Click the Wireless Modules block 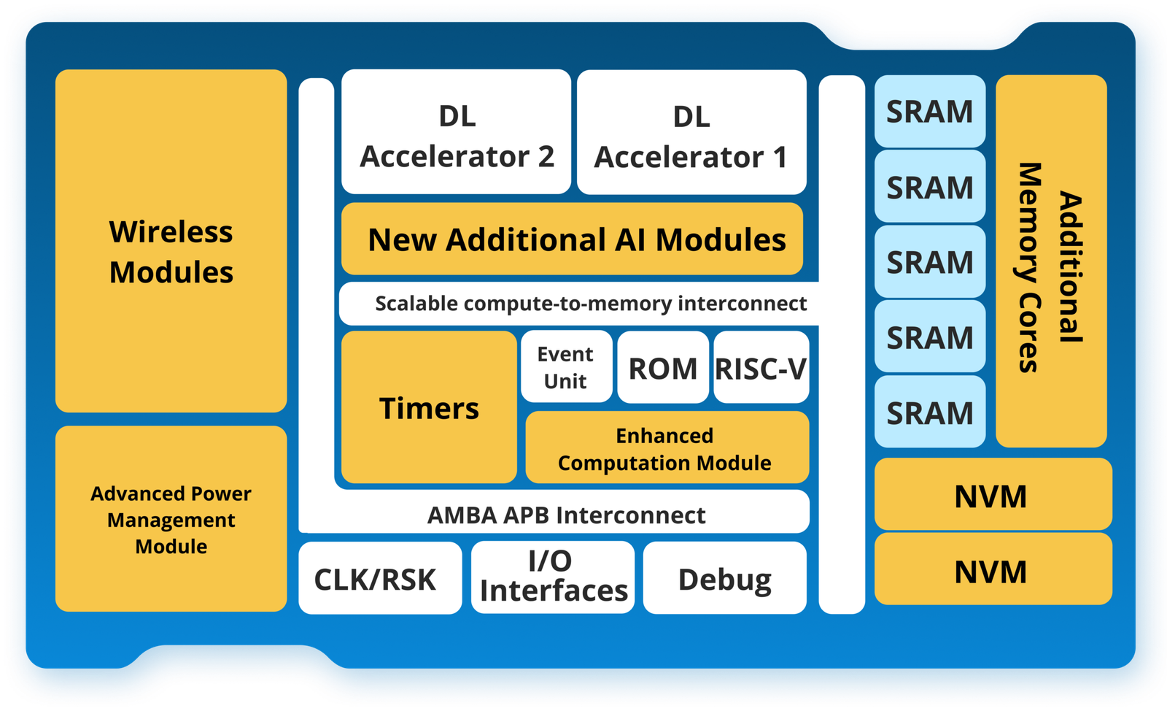171,241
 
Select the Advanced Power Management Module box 171,519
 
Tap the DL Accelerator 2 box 456,132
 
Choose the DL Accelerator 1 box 691,133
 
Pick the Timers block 429,407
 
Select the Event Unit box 566,367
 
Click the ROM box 663,367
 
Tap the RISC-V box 761,367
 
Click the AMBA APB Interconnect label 566,515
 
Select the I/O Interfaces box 553,577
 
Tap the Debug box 724,578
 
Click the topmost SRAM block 930,112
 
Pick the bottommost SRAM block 930,412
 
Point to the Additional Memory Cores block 1051,261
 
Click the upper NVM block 993,495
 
